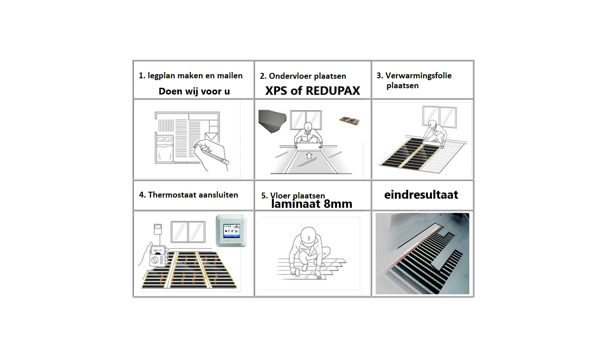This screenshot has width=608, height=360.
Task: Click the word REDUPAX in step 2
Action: (333, 91)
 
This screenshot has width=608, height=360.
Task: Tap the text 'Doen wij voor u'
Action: (194, 91)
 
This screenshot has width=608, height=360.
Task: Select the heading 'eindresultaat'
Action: (421, 194)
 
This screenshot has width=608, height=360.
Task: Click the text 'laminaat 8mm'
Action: (312, 204)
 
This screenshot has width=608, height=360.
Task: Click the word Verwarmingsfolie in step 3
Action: (418, 76)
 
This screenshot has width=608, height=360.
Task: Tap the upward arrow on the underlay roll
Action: (309, 155)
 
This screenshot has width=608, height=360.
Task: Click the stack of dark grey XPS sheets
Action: (272, 121)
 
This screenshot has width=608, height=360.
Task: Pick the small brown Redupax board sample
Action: (349, 121)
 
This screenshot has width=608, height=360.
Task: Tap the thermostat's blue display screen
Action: (231, 231)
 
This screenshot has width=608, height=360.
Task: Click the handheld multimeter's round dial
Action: (155, 260)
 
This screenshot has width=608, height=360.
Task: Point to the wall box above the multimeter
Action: (158, 229)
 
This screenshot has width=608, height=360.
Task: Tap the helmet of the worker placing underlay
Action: (308, 127)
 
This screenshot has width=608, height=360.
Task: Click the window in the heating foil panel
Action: (439, 117)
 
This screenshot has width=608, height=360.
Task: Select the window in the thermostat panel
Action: (188, 232)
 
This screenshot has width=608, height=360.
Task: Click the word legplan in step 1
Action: (161, 76)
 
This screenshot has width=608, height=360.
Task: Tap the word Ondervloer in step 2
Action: (288, 76)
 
